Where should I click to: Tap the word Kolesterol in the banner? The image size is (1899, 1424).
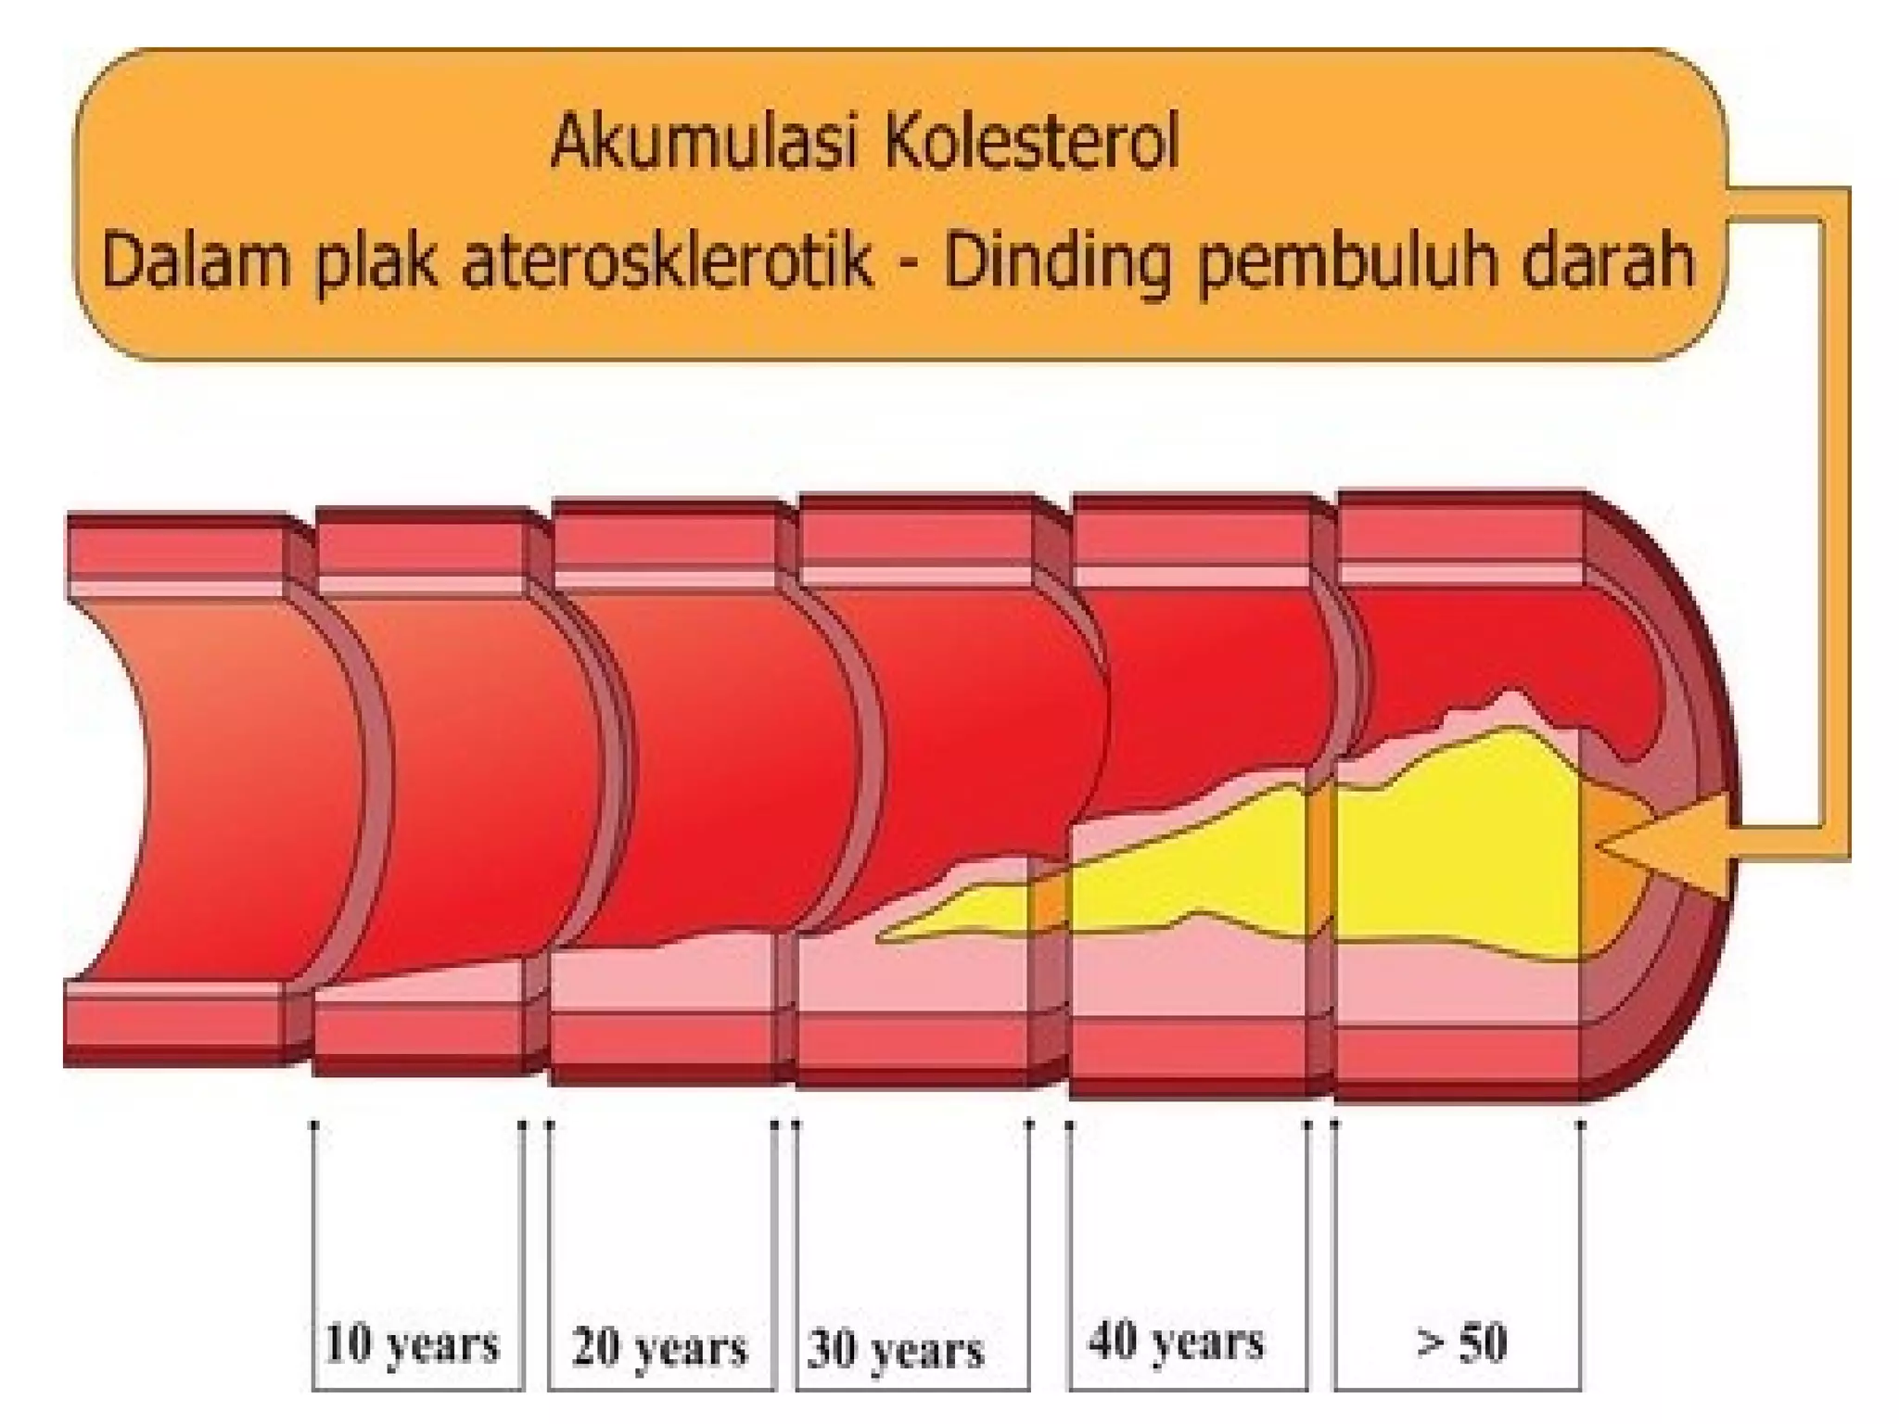tap(1030, 144)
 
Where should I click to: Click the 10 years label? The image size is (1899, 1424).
tap(413, 1345)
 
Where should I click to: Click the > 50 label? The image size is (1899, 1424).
tap(1461, 1342)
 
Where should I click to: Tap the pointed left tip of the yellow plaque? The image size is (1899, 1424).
tap(881, 938)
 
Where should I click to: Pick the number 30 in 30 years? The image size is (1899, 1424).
tap(831, 1350)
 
